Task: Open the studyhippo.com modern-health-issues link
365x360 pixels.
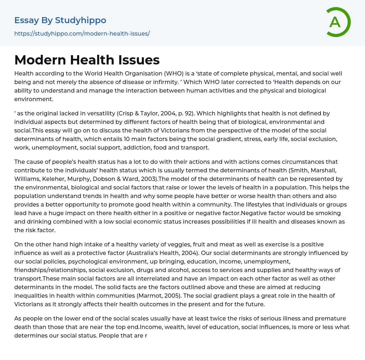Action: pyautogui.click(x=82, y=33)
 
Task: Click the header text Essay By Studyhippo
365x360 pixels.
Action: pyautogui.click(x=60, y=20)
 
